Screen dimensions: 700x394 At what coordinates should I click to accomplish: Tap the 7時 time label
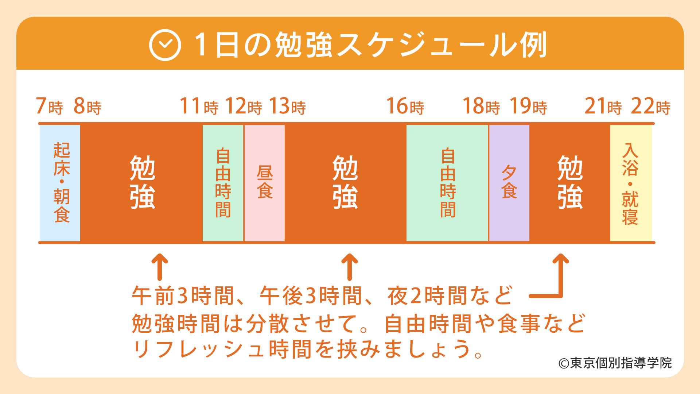tap(49, 106)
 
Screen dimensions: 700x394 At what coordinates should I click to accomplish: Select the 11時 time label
tap(199, 106)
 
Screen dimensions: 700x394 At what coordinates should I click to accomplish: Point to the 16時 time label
tap(405, 106)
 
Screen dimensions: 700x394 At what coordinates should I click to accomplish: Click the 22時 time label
tap(651, 106)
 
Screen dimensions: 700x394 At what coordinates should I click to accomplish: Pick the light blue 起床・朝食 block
tap(60, 183)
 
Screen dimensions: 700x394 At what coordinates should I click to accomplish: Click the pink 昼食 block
tap(265, 183)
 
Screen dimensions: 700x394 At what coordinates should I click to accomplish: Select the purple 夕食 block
tap(509, 183)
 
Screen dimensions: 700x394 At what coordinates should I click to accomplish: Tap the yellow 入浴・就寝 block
tap(631, 183)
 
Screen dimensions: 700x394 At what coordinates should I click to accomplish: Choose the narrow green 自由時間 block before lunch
tap(223, 183)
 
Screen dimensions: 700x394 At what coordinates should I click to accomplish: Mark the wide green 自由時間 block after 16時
tap(447, 183)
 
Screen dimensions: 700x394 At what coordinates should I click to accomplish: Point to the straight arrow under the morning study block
tap(160, 267)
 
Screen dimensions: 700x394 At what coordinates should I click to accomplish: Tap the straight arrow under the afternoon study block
tap(350, 267)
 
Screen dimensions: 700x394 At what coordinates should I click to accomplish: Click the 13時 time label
tap(287, 106)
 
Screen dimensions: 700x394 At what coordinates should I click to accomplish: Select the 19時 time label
tap(528, 106)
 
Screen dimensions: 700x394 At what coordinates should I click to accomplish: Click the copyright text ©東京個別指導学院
tap(615, 363)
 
